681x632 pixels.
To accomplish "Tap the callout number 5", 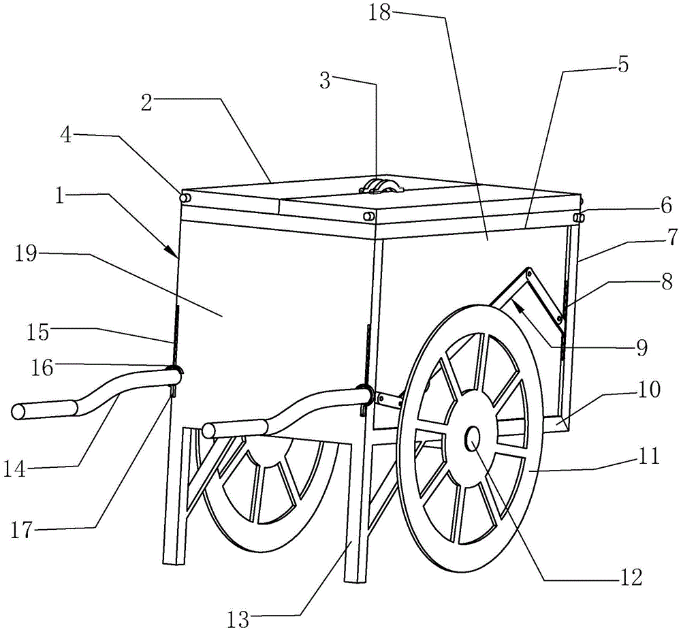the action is [x=623, y=65].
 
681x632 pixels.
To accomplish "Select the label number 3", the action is [x=325, y=80].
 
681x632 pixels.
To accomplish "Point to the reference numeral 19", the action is [x=26, y=253].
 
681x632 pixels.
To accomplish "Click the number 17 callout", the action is [x=22, y=531].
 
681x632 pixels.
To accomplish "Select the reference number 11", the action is [x=649, y=456].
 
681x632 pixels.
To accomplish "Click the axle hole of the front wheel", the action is [x=473, y=439].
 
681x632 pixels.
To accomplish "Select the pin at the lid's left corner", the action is [x=185, y=198].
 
